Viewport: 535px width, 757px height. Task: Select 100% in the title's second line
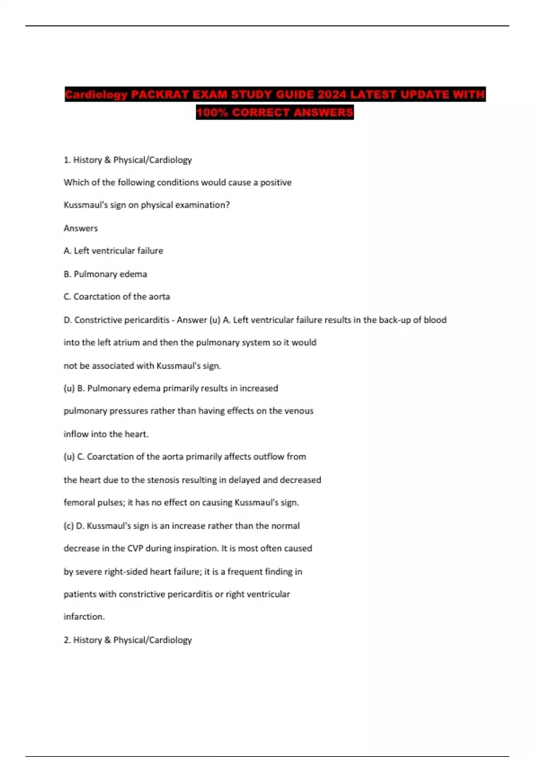point(212,112)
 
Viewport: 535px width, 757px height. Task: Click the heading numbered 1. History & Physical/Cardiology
point(128,160)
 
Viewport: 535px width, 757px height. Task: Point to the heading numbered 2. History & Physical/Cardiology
point(128,640)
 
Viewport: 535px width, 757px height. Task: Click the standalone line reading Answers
point(81,228)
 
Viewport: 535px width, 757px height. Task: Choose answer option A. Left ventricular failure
point(113,251)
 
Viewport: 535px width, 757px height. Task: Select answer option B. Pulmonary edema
point(105,274)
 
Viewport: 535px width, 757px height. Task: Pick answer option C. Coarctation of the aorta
point(117,297)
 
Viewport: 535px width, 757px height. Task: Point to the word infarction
point(84,617)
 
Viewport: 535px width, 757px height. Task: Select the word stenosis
point(164,480)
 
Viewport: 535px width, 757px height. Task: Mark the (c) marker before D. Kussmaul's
point(69,526)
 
